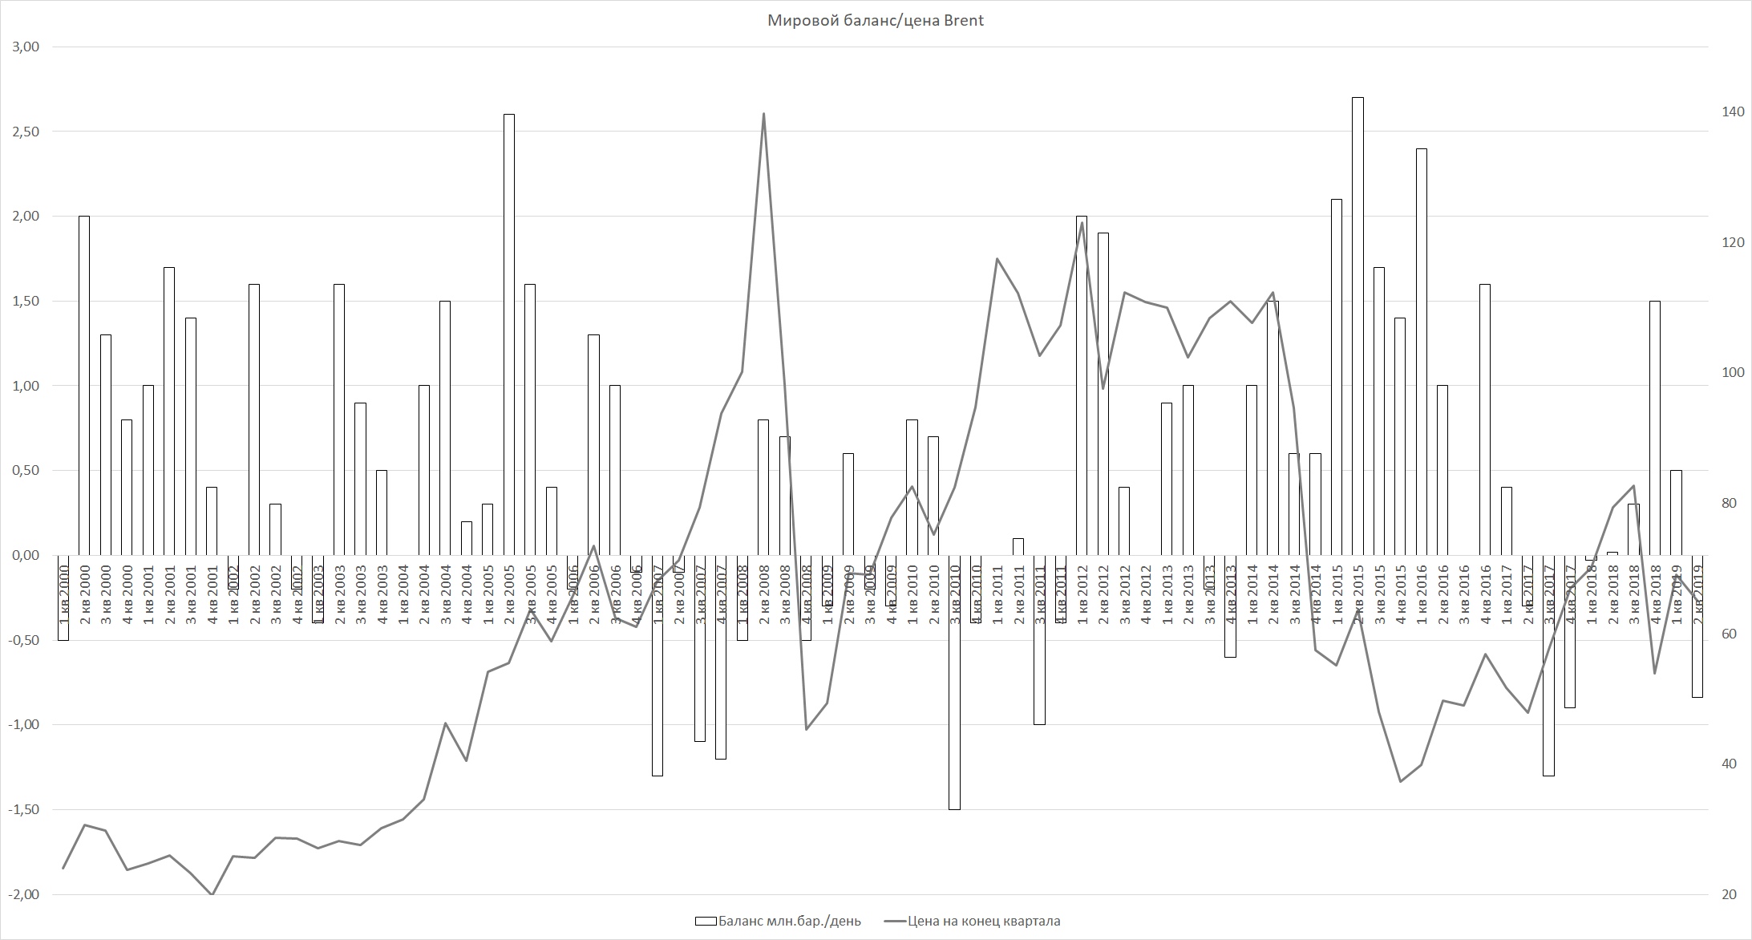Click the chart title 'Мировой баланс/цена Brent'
click(876, 21)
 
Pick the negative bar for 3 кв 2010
click(954, 682)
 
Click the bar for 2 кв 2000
click(84, 385)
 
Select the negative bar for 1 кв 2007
click(658, 665)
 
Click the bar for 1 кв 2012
click(1082, 385)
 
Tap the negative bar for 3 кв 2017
click(1548, 665)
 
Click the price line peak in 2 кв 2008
click(763, 114)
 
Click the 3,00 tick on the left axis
click(26, 47)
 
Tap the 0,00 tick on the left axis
click(26, 555)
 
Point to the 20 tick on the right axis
click(1725, 894)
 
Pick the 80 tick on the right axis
click(1725, 503)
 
